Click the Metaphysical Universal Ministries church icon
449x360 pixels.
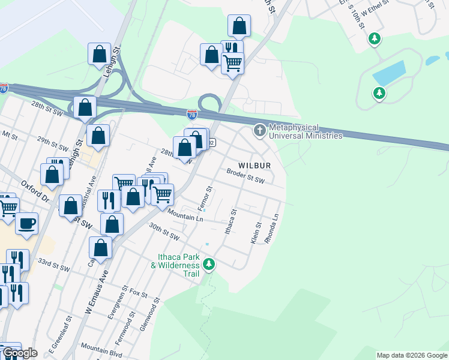[259, 130]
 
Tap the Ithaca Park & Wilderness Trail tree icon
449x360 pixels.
[208, 264]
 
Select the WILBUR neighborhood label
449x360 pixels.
[255, 165]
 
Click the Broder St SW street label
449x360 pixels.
[246, 176]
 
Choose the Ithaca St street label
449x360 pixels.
[231, 221]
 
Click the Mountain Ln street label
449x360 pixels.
[185, 215]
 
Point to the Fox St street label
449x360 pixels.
[138, 294]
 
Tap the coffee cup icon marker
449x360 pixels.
[26, 224]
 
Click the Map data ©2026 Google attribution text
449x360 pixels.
[412, 355]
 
